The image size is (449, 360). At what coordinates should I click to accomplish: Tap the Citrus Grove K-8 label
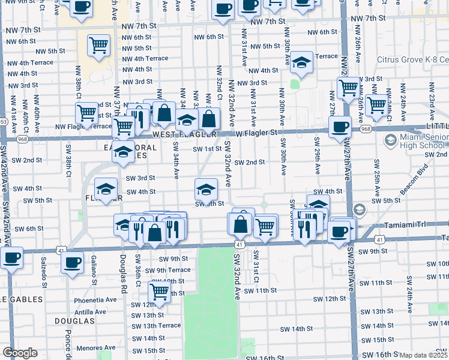412,59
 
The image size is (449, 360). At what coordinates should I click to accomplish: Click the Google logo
20,353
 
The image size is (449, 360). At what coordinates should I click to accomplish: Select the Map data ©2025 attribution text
424,355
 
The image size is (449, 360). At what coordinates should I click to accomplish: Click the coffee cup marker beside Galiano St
73,262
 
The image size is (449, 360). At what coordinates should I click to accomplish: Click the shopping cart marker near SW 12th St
159,291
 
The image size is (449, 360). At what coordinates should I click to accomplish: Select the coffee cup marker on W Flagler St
340,127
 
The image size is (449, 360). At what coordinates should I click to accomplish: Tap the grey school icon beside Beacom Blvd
360,209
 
